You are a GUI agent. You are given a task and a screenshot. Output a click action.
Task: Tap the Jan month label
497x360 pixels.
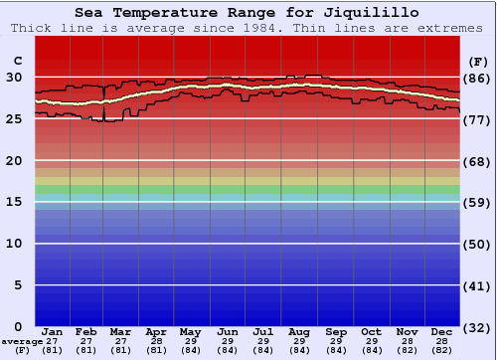[53, 331]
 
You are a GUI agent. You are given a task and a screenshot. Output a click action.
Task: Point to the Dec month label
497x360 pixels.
[443, 331]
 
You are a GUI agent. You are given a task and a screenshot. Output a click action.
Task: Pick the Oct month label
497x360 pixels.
[372, 331]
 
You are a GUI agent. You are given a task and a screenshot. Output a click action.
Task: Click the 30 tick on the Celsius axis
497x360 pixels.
[15, 77]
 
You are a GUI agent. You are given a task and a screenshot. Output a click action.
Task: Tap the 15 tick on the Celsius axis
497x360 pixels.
[15, 202]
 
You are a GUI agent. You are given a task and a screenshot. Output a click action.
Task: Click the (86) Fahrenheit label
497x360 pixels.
[476, 78]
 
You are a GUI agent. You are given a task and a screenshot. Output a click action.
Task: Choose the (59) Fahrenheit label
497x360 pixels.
[476, 203]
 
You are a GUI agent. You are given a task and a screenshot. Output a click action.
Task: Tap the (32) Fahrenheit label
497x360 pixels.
[476, 328]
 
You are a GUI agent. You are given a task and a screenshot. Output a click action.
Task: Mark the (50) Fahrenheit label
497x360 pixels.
[476, 245]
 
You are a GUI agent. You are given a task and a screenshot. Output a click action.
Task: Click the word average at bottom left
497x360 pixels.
[22, 341]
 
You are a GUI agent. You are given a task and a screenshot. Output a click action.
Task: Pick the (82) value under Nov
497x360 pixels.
[407, 350]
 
